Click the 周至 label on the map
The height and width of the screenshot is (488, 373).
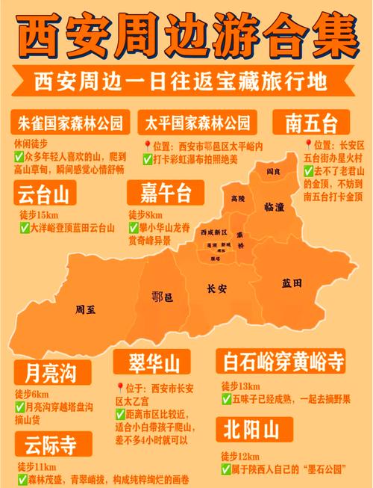86,309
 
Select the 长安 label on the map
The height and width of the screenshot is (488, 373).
217,288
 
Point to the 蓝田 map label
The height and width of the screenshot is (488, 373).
292,282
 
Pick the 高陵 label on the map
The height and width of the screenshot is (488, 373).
238,198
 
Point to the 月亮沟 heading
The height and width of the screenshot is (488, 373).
46,372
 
